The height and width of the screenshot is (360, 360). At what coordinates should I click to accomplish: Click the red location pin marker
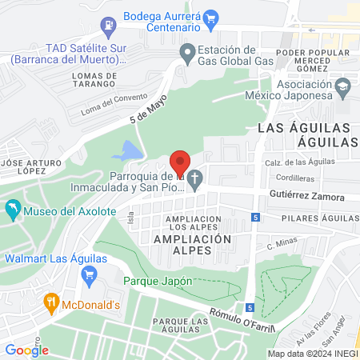(x=181, y=162)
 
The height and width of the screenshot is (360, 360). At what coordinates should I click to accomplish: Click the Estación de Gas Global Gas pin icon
(x=187, y=55)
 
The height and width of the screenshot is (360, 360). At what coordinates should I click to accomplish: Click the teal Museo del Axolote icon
(x=13, y=211)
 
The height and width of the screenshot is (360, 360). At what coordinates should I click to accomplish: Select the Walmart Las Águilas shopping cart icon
(x=89, y=274)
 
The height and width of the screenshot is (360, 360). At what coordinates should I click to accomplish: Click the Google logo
(x=26, y=350)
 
